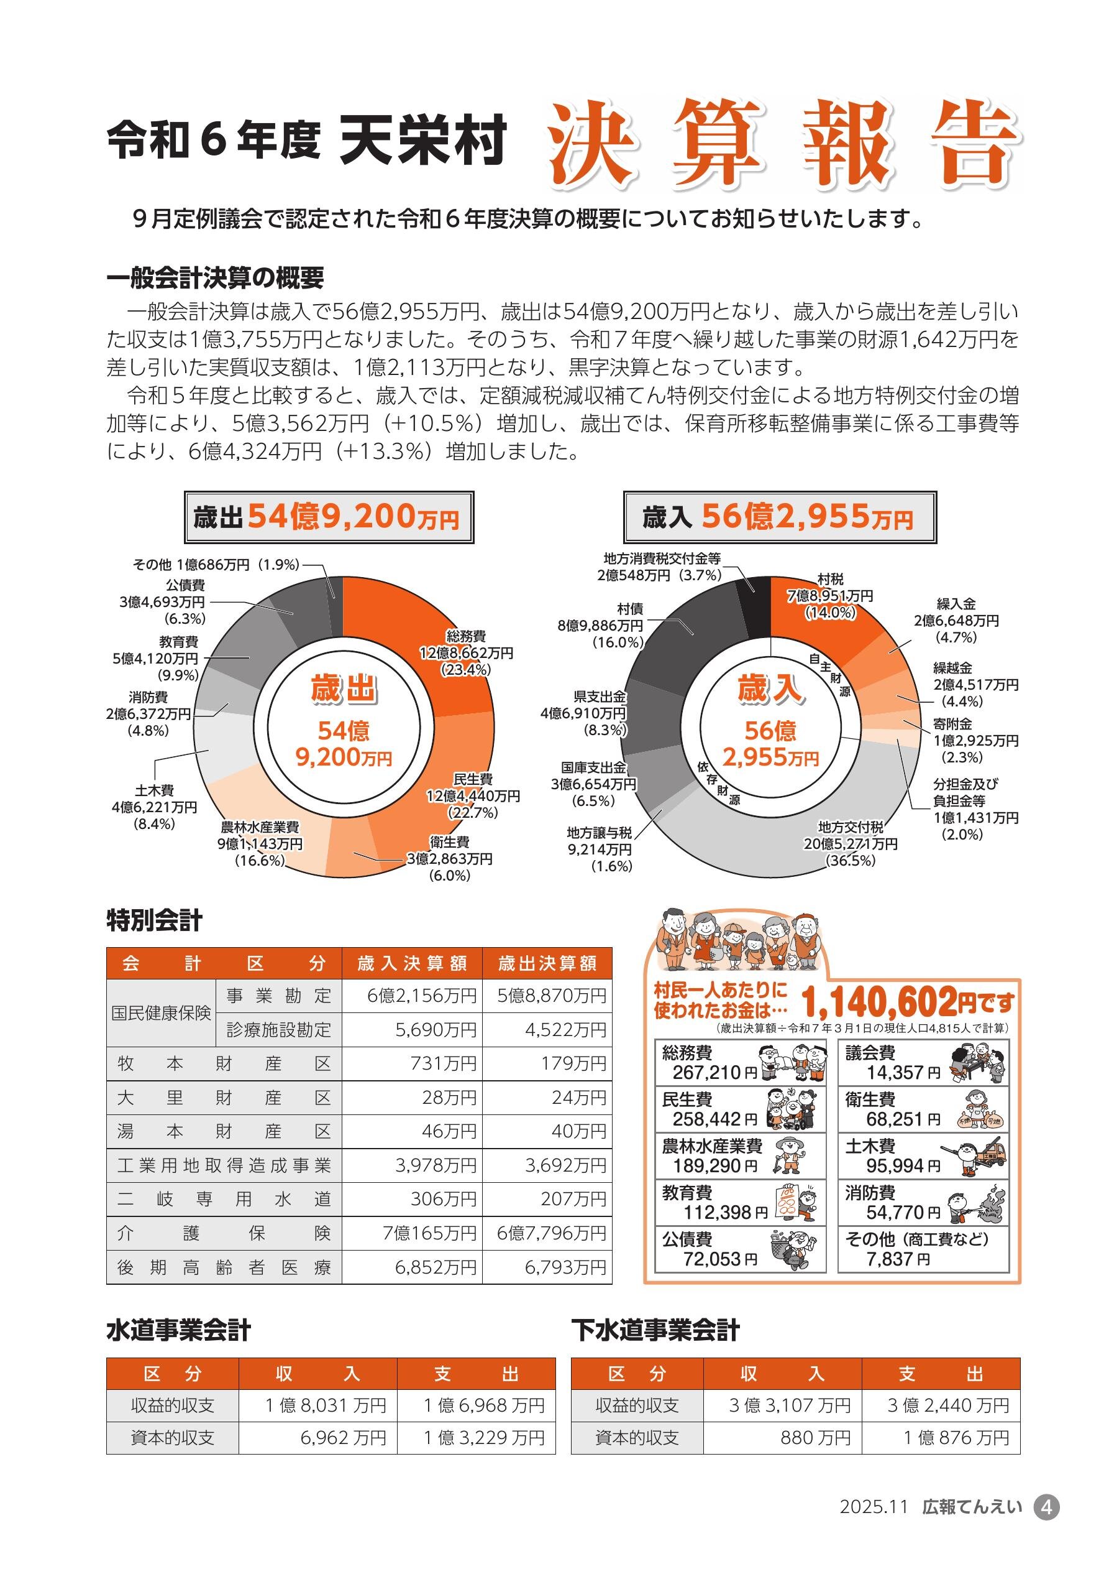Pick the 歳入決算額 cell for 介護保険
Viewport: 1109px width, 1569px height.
(x=412, y=1233)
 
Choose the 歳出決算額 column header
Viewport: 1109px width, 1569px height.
(x=547, y=963)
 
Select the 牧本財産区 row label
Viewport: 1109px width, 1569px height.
(x=223, y=1063)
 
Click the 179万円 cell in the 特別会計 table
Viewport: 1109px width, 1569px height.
(x=547, y=1063)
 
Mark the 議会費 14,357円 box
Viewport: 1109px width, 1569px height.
(x=923, y=1063)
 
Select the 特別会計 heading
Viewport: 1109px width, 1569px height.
(x=154, y=920)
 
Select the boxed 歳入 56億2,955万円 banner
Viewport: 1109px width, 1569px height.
(x=779, y=517)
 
